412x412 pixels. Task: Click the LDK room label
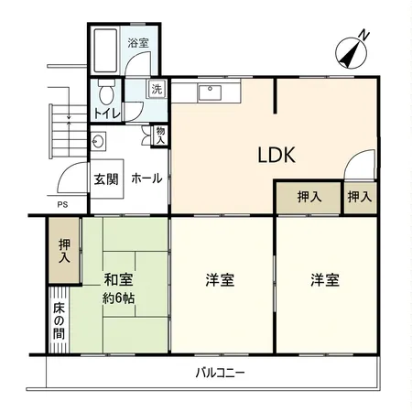tap(275, 156)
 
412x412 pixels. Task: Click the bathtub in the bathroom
tap(104, 54)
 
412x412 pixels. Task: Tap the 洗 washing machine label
tap(157, 89)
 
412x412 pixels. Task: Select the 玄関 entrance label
tap(105, 179)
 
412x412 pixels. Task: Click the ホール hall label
tap(147, 179)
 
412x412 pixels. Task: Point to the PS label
tap(62, 205)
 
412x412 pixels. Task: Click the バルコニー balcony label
tap(221, 373)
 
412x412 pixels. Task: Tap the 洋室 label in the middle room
tap(220, 280)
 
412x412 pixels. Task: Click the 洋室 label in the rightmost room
tap(324, 280)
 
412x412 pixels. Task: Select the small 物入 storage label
tap(160, 136)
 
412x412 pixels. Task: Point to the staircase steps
tap(65, 128)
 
